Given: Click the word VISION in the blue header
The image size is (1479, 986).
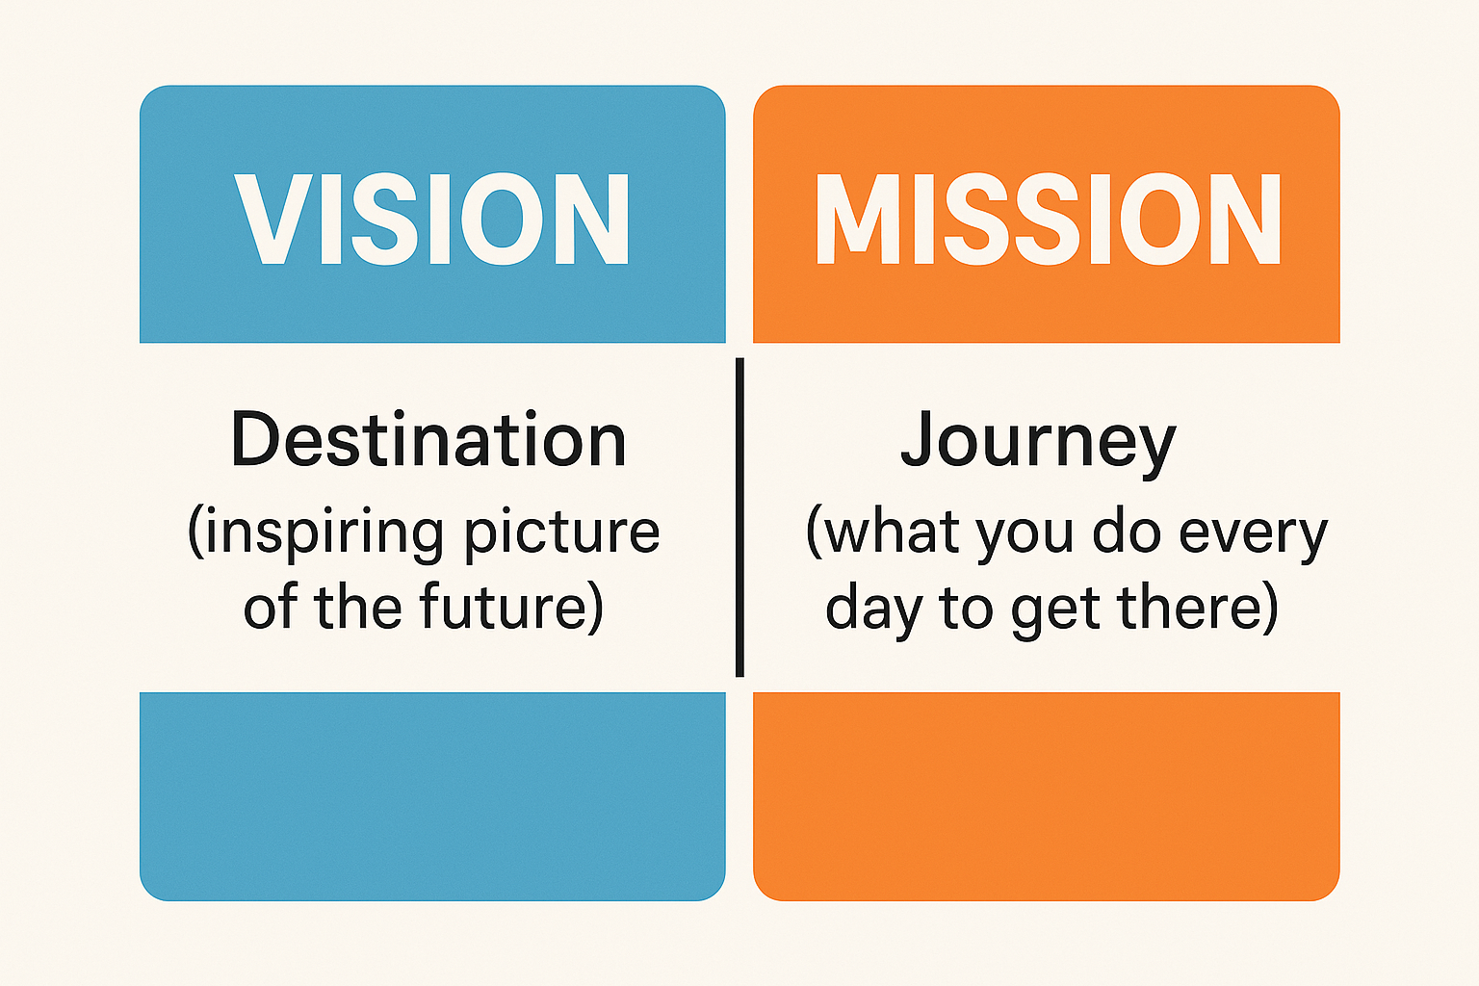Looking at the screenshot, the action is point(431,220).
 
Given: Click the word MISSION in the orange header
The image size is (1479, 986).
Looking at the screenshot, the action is point(1048,220).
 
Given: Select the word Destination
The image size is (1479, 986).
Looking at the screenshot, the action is point(428,439).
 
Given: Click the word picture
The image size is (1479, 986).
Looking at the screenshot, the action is point(562,535).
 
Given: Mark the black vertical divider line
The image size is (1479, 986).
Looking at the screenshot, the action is point(739,517).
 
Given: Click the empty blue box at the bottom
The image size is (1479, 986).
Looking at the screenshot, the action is point(432,796).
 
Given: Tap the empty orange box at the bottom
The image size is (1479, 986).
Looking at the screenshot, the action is point(1047,796).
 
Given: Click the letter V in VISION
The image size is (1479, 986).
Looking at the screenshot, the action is point(272,220).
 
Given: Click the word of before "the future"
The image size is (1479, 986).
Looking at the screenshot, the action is point(271,607).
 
